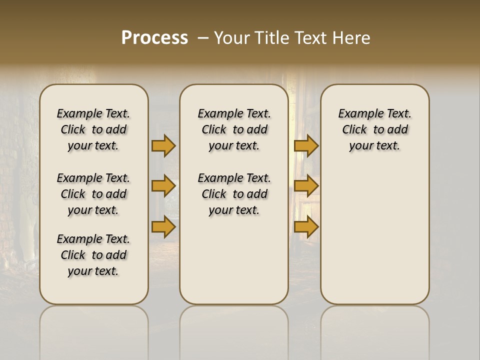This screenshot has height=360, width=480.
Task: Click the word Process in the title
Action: coord(154,37)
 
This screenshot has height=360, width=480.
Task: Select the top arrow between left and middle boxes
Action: coord(163,145)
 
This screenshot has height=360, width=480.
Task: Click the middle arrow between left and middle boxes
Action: coord(163,186)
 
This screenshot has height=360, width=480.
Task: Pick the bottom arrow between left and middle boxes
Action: coord(163,227)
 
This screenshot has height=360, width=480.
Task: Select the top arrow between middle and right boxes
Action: coord(306,145)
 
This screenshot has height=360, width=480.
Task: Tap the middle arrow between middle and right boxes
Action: coord(306,186)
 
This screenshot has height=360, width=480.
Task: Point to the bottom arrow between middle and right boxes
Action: coord(306,227)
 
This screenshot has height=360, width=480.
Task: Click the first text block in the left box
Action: coord(93,129)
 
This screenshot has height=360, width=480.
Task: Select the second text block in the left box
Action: coord(93,194)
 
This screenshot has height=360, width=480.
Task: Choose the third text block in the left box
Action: coord(93,255)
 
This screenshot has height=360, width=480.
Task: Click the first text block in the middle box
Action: coord(234,129)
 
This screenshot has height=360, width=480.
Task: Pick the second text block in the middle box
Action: coord(234,194)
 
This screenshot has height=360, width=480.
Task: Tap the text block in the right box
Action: coord(374,129)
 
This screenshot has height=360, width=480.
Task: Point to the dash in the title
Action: coord(202,38)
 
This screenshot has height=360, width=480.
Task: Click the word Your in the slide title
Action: coord(231,38)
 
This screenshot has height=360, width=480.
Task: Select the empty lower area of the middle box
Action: coord(234,260)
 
